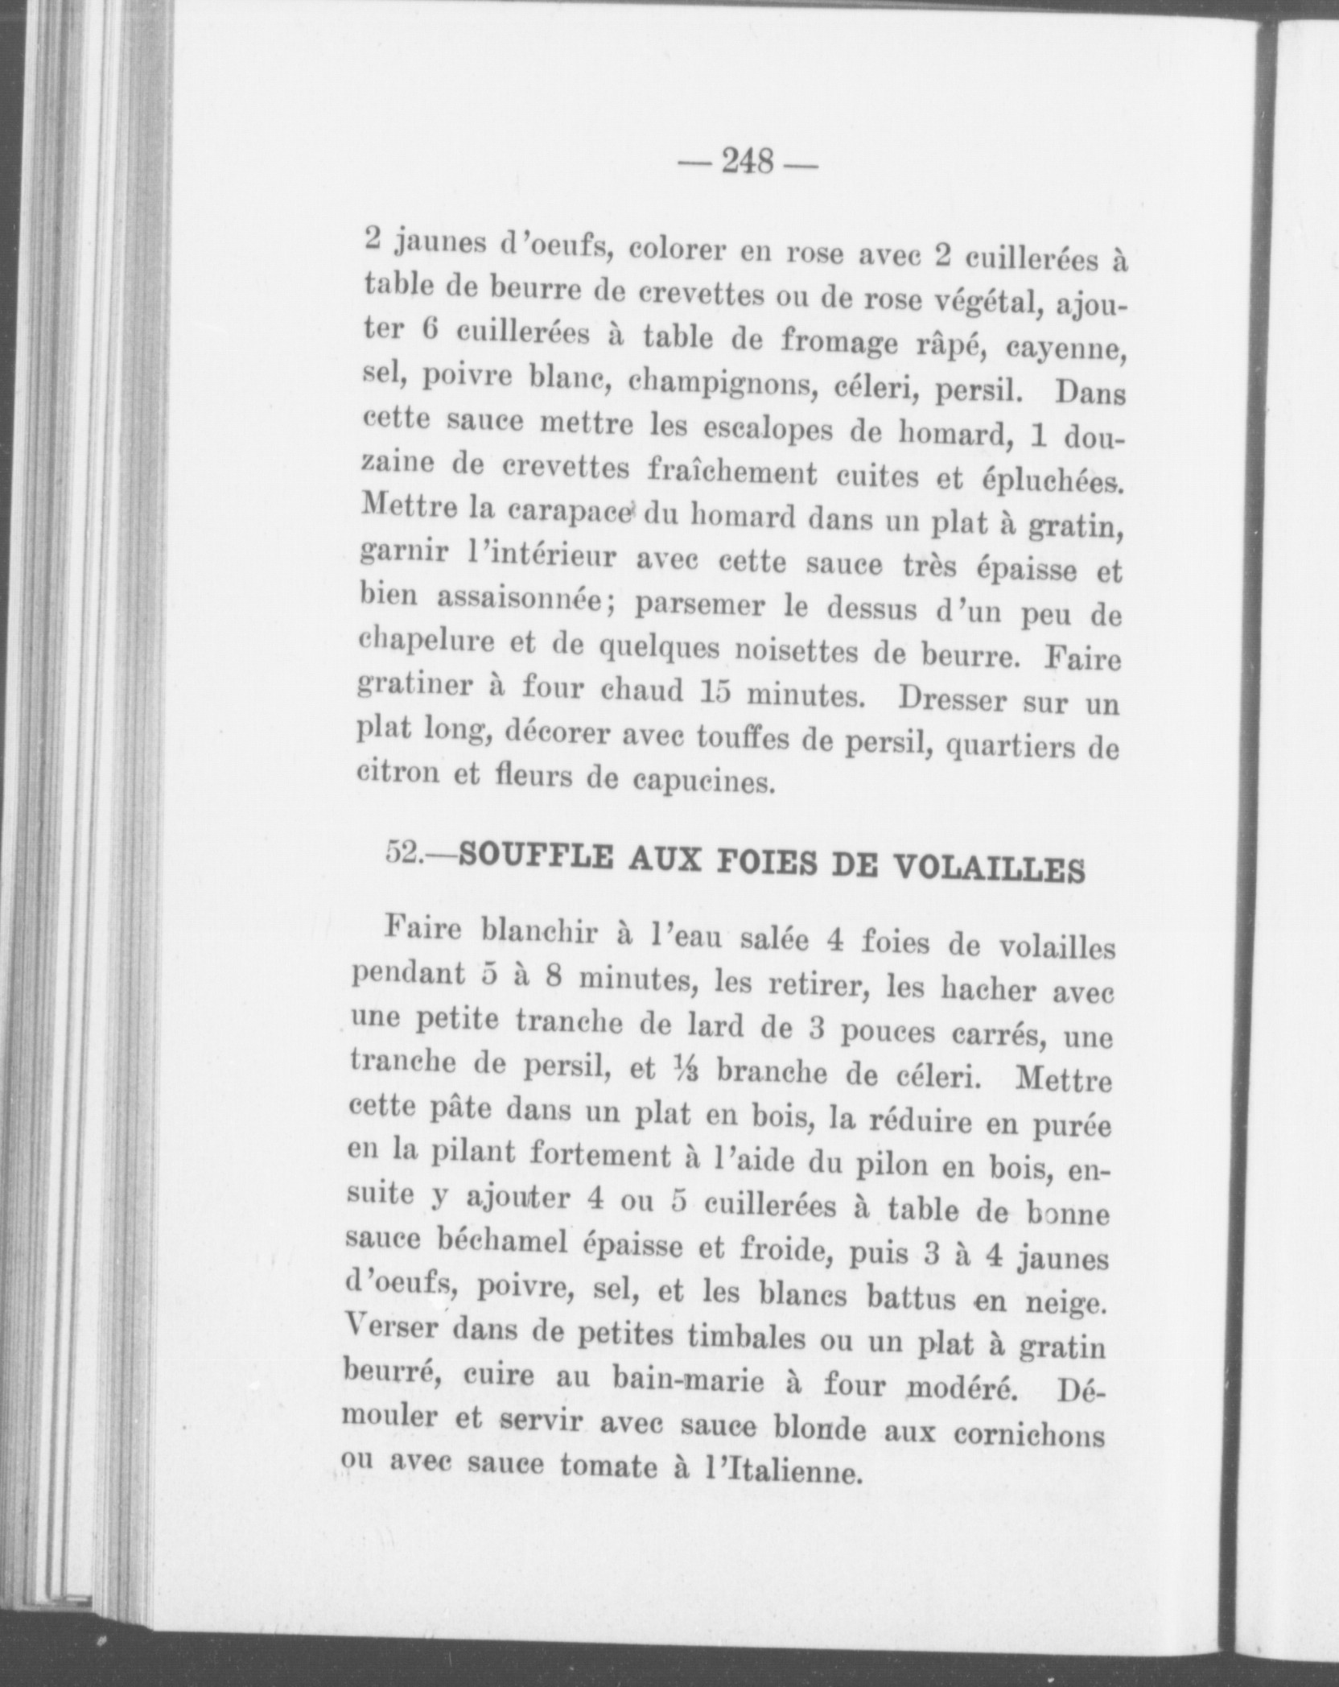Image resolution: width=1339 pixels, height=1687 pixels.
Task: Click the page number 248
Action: [748, 163]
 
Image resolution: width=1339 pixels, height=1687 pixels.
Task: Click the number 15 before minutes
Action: [714, 692]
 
